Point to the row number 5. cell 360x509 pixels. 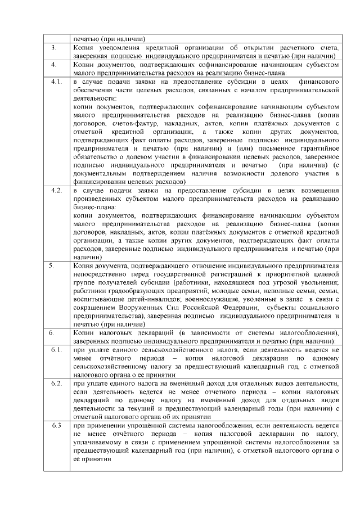(x=52, y=265)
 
